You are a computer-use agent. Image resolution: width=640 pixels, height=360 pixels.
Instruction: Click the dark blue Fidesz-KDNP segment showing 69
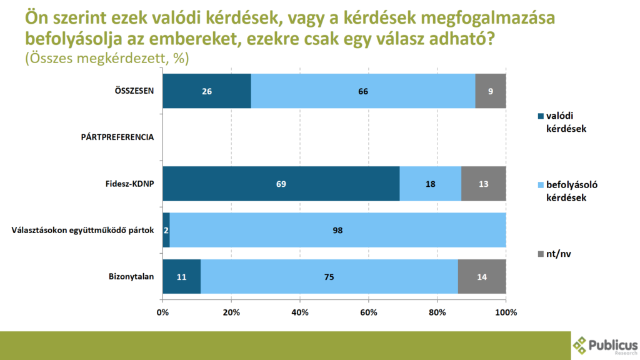point(281,184)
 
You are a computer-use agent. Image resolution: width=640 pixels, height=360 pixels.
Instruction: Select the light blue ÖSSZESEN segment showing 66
point(362,91)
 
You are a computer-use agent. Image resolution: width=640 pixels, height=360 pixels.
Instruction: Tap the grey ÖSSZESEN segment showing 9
point(491,91)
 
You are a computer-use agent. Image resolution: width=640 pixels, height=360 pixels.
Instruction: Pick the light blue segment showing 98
point(337,230)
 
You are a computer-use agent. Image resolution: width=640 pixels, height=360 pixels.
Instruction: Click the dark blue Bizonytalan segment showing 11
point(181,276)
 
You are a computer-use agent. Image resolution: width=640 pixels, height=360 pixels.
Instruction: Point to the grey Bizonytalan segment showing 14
point(482,276)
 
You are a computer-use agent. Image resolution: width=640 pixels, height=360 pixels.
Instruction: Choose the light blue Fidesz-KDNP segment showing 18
point(430,184)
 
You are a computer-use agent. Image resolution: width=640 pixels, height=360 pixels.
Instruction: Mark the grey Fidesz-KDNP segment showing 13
point(483,184)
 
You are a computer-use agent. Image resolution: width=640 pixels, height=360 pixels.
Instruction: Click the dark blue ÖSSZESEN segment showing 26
point(206,91)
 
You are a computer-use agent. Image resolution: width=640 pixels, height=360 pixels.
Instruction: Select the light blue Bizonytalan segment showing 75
point(329,276)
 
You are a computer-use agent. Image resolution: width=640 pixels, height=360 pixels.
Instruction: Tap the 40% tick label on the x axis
point(300,312)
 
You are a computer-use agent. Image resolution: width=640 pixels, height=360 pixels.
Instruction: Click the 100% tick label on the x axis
point(505,312)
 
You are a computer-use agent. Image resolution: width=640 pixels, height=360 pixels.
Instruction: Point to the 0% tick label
point(162,312)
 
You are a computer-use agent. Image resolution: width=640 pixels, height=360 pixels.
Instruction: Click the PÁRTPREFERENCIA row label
point(117,137)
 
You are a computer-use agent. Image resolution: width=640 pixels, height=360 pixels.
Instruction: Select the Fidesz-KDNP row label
point(129,184)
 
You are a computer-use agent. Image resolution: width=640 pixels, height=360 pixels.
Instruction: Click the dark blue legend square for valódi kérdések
point(541,116)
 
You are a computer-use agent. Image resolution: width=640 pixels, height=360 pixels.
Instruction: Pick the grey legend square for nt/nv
point(541,254)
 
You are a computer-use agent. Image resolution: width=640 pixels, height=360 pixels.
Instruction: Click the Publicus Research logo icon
point(581,344)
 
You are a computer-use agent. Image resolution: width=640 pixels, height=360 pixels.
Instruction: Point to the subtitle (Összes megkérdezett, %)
point(107,58)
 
